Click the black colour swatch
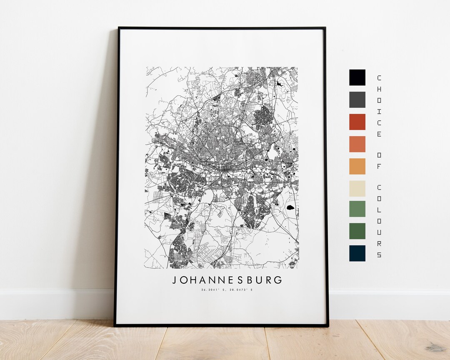[357, 77]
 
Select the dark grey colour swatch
[357, 100]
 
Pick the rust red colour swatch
[357, 122]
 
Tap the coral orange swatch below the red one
[357, 144]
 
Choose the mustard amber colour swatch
[357, 166]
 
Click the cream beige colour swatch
[357, 188]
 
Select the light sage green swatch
[357, 209]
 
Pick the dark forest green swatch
[357, 231]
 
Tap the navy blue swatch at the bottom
[357, 253]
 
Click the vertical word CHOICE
[379, 106]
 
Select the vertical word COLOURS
[379, 221]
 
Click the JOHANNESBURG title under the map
[227, 280]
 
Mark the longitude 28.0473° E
[242, 290]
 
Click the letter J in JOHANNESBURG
[175, 280]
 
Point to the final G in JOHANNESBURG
[278, 280]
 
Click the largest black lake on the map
[290, 207]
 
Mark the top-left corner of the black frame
[119, 28]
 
